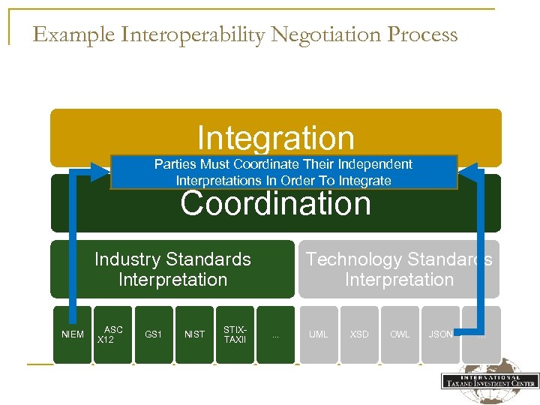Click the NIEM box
point(73,334)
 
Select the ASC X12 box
point(112,334)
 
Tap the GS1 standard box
point(153,334)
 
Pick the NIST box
point(194,334)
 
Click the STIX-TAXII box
point(235,334)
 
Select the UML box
point(319,334)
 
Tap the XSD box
point(359,334)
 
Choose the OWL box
point(400,334)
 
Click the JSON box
point(440,334)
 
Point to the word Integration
point(275,138)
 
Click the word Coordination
point(275,204)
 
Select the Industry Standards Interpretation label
point(172,269)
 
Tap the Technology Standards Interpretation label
point(399,269)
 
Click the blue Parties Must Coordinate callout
point(283,172)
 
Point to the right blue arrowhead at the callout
point(466,172)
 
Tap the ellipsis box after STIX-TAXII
point(275,334)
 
